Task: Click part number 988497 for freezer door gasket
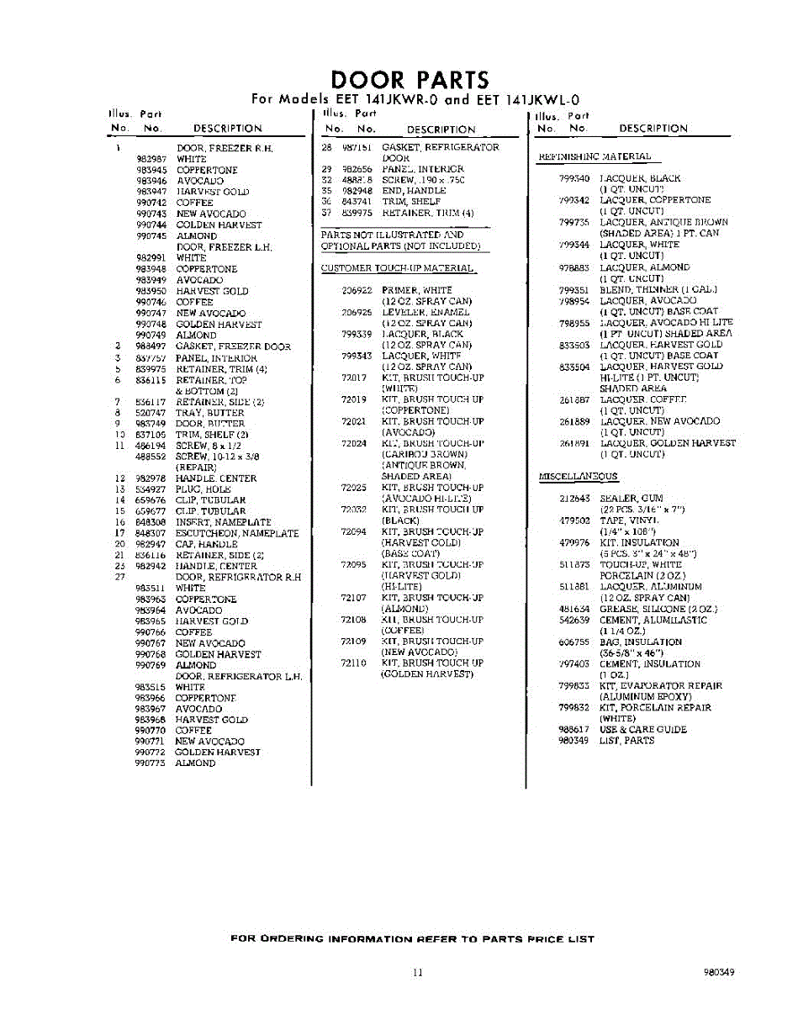click(151, 346)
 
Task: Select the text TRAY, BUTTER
click(209, 413)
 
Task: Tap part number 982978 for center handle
click(151, 478)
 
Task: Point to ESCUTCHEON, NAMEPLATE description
click(236, 533)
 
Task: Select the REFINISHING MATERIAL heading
click(594, 156)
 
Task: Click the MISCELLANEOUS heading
click(578, 477)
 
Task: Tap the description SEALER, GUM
click(631, 499)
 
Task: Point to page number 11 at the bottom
click(418, 973)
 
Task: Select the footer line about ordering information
click(412, 939)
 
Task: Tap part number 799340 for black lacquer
click(575, 178)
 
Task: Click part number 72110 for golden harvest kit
click(353, 663)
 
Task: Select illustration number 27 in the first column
click(119, 577)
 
